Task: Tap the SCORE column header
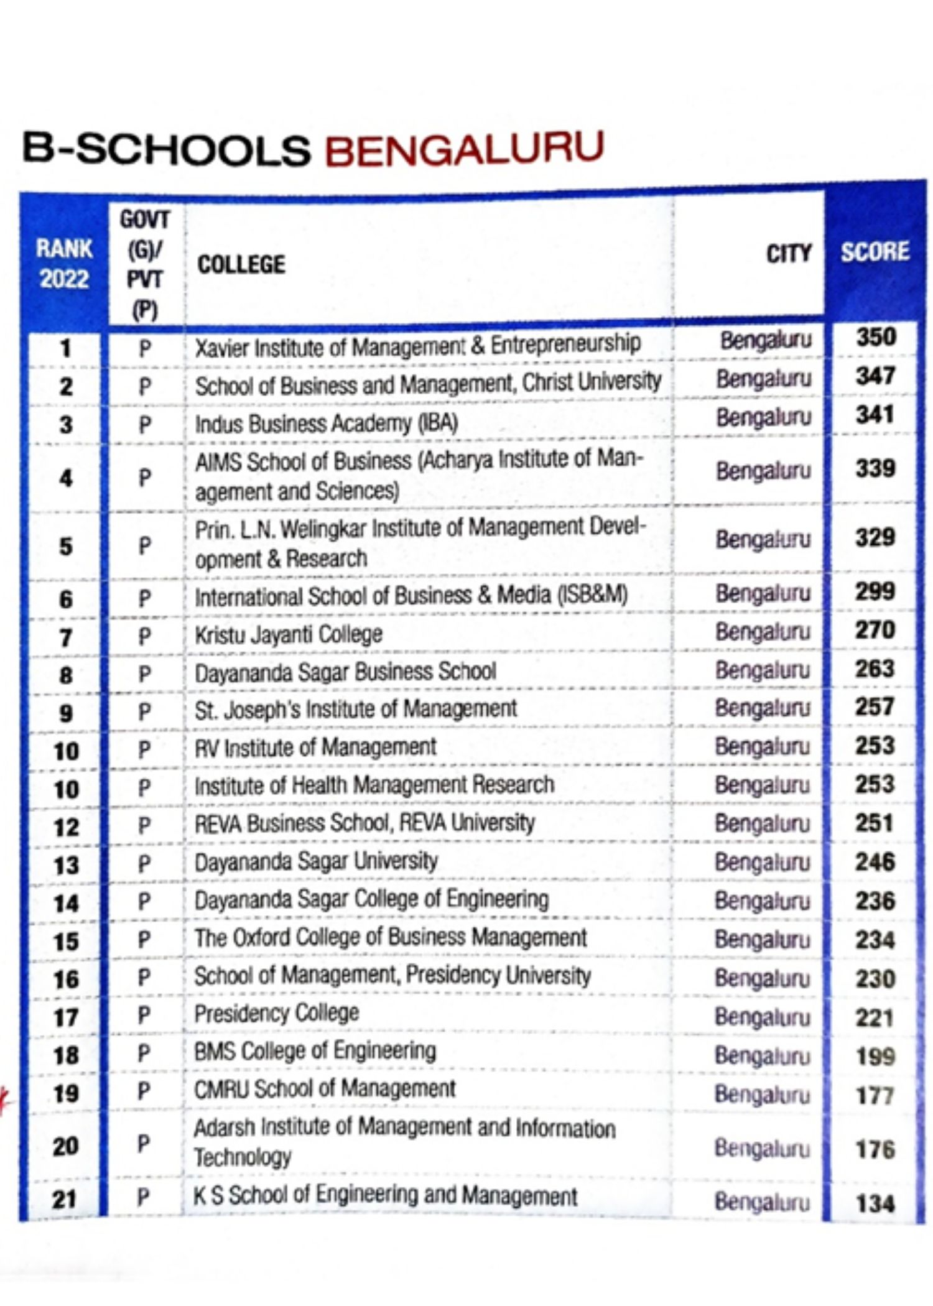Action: coord(875,252)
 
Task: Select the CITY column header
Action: coord(788,254)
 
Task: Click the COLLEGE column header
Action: coord(241,265)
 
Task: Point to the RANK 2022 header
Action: coord(64,264)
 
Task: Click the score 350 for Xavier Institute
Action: coord(875,338)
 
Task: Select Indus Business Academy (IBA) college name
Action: coord(327,424)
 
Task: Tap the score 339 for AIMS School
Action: coord(875,469)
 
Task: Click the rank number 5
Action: coord(65,547)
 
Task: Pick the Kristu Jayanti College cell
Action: coord(289,635)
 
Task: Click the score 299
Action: coord(875,591)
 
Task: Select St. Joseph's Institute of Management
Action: coord(355,710)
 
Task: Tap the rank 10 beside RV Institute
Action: coord(66,751)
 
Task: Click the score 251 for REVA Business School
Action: coord(874,823)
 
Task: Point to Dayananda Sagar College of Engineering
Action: coord(371,900)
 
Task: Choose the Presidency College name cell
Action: coord(277,1014)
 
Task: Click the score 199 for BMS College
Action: coord(875,1057)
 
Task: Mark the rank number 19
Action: coord(65,1093)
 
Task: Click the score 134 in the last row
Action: coord(875,1204)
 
